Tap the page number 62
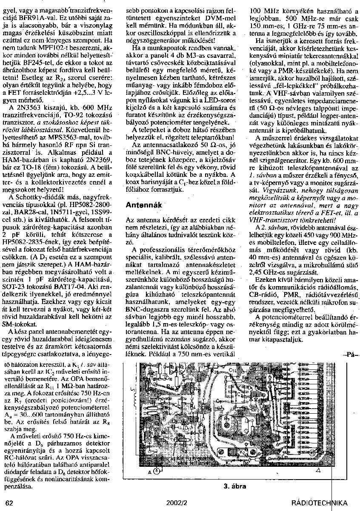point(10,502)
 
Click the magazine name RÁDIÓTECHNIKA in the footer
point(319,503)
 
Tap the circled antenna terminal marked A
point(157,471)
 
